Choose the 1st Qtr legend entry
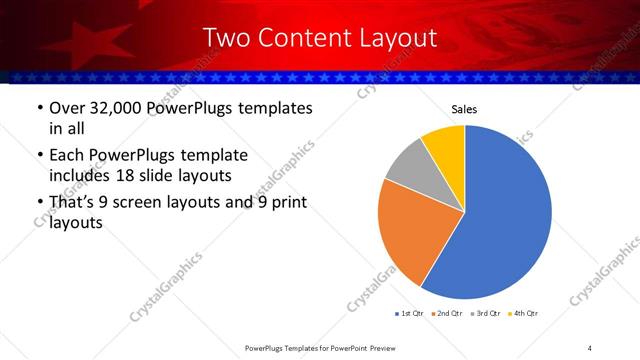[409, 313]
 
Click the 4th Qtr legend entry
[525, 313]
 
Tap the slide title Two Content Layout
[319, 38]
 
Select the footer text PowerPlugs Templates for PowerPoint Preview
[320, 348]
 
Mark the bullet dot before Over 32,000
[39, 109]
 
